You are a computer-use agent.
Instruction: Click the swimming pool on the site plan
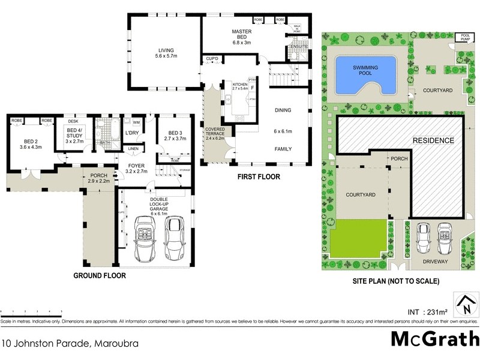[365, 74]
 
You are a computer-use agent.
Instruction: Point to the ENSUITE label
[298, 46]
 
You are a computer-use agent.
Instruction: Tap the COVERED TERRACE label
[215, 133]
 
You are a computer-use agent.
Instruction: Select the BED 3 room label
[175, 136]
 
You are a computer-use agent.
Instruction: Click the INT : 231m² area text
[428, 312]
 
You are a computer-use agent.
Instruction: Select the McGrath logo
[434, 338]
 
